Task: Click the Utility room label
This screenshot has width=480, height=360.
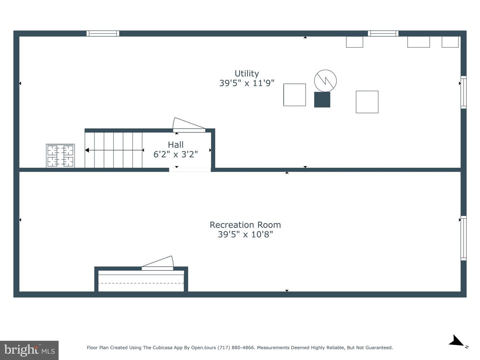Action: click(x=247, y=74)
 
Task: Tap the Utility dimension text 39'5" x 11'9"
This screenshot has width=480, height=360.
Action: click(x=247, y=83)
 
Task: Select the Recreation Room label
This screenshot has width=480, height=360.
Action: click(x=245, y=225)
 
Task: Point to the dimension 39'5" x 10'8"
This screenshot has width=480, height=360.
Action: click(x=245, y=235)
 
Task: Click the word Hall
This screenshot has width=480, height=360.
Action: click(x=176, y=145)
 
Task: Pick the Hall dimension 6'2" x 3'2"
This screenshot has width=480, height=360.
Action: click(x=176, y=154)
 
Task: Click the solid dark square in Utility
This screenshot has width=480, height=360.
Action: click(x=322, y=100)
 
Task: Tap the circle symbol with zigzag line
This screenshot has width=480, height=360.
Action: click(x=325, y=81)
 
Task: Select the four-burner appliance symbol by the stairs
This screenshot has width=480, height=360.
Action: click(x=60, y=156)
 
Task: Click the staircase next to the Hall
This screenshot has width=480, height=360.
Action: click(x=114, y=150)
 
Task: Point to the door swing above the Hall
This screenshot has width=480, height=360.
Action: click(x=189, y=125)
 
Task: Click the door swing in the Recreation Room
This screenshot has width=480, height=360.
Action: click(x=158, y=263)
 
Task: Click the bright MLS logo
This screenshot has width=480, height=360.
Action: click(x=29, y=350)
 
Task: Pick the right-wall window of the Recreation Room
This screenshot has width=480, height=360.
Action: click(x=464, y=238)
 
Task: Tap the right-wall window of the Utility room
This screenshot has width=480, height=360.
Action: click(x=464, y=92)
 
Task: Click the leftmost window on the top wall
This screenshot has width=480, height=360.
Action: click(x=103, y=33)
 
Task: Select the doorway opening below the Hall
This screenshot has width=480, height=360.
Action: click(x=190, y=170)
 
